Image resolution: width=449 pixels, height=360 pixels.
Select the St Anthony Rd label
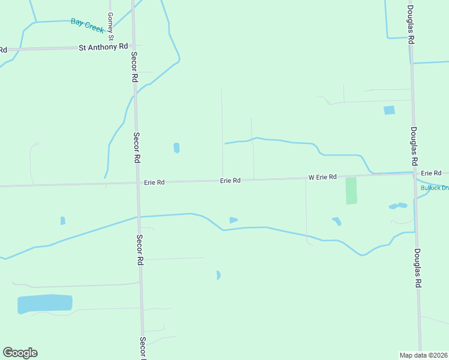coord(104,47)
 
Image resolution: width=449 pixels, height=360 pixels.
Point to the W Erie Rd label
coord(323,178)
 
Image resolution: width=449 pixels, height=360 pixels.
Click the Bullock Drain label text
coord(434,188)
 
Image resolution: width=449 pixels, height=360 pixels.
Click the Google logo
coord(20,353)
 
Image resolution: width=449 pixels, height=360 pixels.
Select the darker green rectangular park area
coord(351,191)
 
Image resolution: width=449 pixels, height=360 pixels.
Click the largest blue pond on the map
coord(44,304)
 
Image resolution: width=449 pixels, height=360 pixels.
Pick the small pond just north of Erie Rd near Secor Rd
coord(176,148)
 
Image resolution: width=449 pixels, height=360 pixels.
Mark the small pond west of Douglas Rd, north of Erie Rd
coord(390,110)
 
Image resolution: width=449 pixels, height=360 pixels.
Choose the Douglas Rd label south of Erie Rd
coord(417,268)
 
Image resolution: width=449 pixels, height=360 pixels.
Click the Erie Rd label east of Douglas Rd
coord(431,173)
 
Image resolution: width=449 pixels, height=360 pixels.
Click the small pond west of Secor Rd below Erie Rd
coord(63,221)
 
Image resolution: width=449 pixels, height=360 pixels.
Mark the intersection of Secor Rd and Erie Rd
coord(137,183)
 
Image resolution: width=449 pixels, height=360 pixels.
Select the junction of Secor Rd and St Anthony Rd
coord(133,46)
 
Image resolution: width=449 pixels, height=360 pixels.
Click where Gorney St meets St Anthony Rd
coord(110,47)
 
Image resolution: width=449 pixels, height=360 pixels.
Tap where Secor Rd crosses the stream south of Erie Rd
coord(139,216)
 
